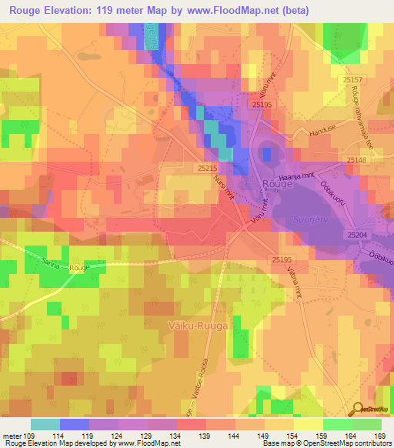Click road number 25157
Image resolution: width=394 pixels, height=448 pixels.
tap(355, 79)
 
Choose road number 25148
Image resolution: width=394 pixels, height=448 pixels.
tap(357, 159)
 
